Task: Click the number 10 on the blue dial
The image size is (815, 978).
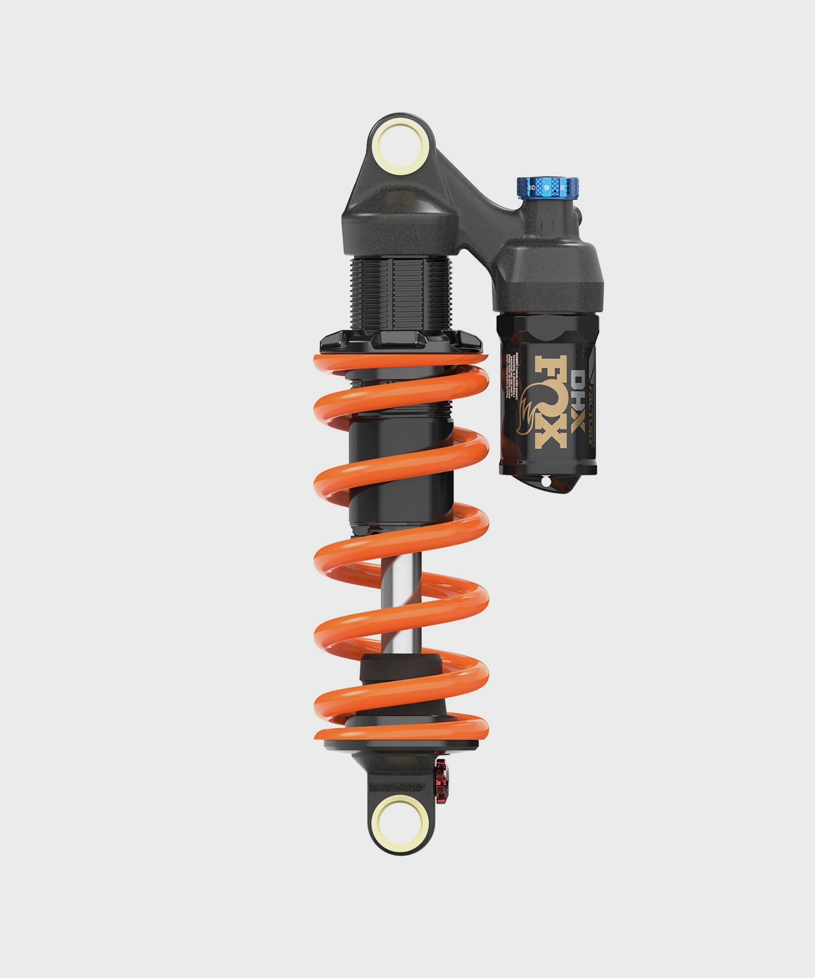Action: [x=532, y=187]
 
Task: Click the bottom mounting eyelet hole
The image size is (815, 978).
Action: [x=401, y=821]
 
